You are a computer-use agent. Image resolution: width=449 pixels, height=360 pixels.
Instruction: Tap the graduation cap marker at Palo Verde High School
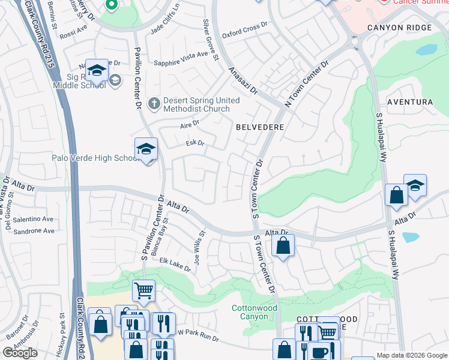point(146,150)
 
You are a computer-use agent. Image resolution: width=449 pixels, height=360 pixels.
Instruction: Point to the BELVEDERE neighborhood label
point(259,128)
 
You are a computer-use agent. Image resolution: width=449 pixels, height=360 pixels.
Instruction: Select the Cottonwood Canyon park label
point(254,312)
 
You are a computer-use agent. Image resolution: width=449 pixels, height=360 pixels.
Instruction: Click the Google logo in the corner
point(20,353)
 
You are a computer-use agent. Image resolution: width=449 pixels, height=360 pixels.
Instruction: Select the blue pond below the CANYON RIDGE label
point(426,50)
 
